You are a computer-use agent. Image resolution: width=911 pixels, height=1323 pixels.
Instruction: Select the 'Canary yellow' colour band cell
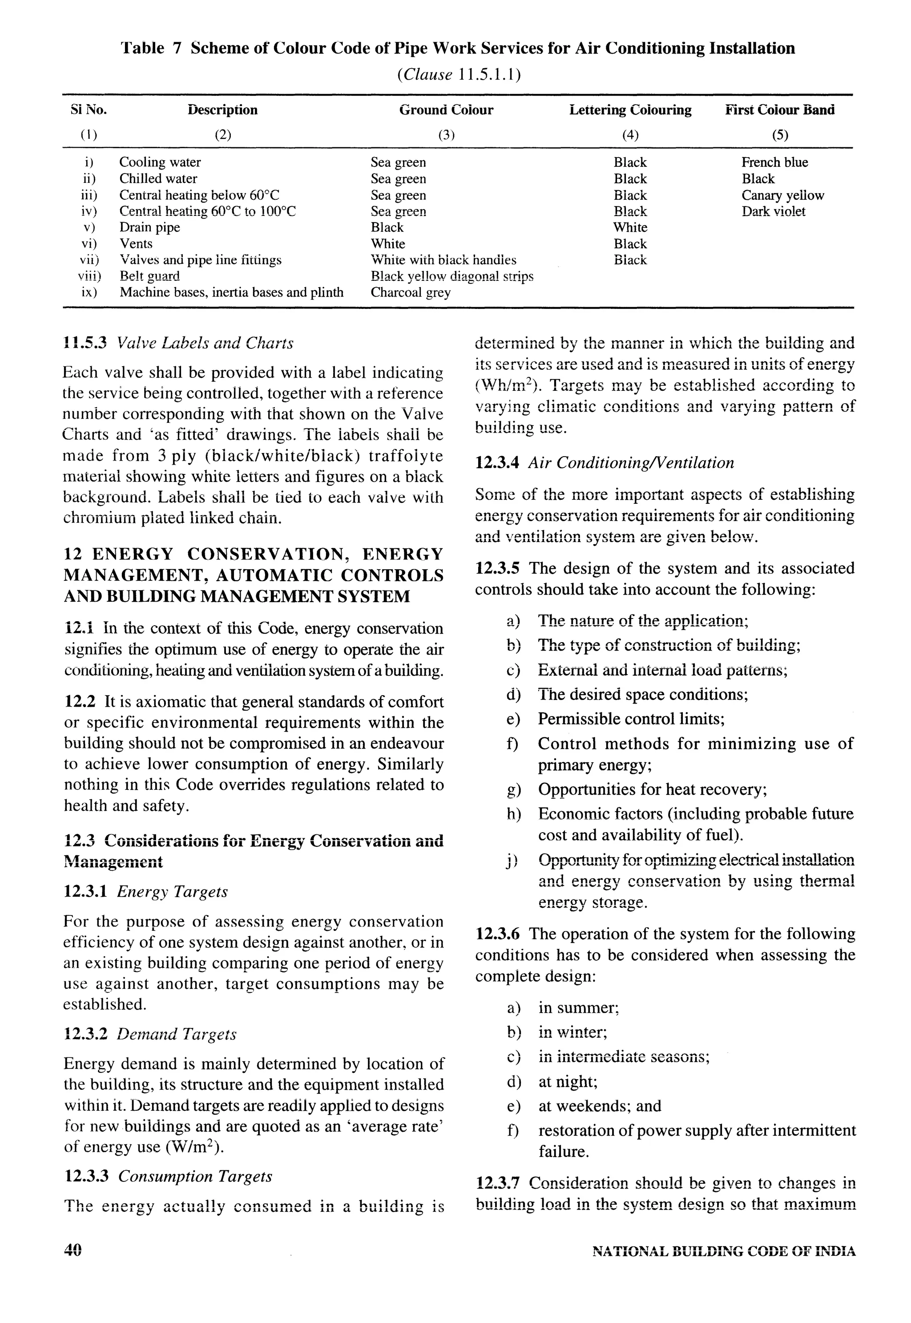tap(782, 195)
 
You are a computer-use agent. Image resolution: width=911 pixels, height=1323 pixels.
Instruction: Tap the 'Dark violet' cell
tap(774, 211)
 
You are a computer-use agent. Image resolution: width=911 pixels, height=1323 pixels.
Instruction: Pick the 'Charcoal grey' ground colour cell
tap(411, 292)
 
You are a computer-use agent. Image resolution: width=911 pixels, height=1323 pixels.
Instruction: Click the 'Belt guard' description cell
tap(149, 276)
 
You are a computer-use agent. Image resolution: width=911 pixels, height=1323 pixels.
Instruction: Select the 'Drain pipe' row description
tap(149, 227)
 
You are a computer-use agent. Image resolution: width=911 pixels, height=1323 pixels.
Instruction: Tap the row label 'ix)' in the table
tap(89, 292)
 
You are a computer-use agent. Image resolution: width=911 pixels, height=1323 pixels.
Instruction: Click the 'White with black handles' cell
tap(443, 260)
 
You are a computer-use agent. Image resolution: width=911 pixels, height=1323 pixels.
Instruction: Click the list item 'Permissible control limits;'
tap(631, 719)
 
